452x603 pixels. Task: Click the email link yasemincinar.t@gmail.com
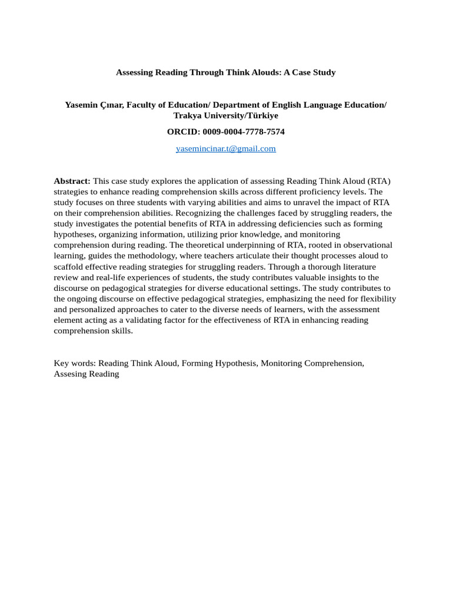225,149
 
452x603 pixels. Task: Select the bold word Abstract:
72,181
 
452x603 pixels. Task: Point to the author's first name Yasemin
81,105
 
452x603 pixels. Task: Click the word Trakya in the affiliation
187,115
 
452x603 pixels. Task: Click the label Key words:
75,363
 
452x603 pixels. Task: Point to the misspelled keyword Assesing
71,374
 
